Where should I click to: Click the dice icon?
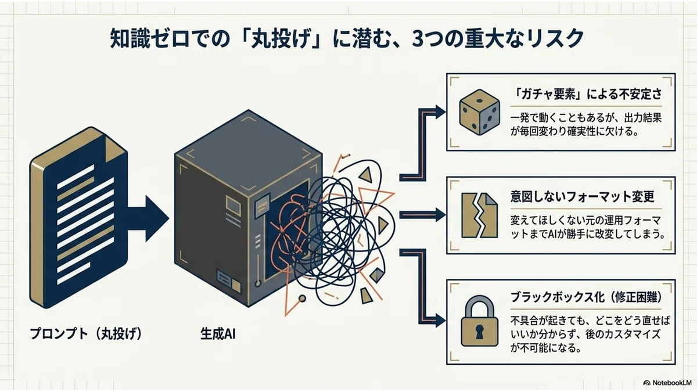(x=480, y=112)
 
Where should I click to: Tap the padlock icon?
(x=480, y=321)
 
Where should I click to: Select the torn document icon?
(x=480, y=215)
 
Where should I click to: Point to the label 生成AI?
(x=218, y=334)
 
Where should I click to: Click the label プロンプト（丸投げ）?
(x=86, y=334)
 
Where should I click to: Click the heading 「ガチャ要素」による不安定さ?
(x=586, y=94)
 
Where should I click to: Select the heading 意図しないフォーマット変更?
(x=582, y=197)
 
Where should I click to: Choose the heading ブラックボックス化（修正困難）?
(x=586, y=297)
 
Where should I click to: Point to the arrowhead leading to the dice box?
(x=441, y=112)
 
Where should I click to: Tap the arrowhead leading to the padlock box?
(x=441, y=321)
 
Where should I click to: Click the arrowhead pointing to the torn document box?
(x=441, y=215)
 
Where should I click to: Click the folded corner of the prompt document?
(x=114, y=150)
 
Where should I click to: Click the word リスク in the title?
(x=553, y=39)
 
